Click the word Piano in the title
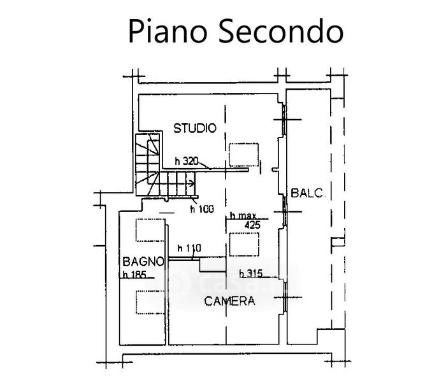(164, 31)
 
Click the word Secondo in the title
(276, 31)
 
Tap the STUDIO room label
(195, 128)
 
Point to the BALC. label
(308, 192)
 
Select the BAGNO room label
(144, 261)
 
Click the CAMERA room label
(229, 301)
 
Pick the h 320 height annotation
(187, 161)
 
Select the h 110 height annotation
(189, 248)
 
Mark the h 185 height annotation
(134, 275)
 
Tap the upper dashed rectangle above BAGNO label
(151, 230)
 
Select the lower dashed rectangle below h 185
(151, 301)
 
